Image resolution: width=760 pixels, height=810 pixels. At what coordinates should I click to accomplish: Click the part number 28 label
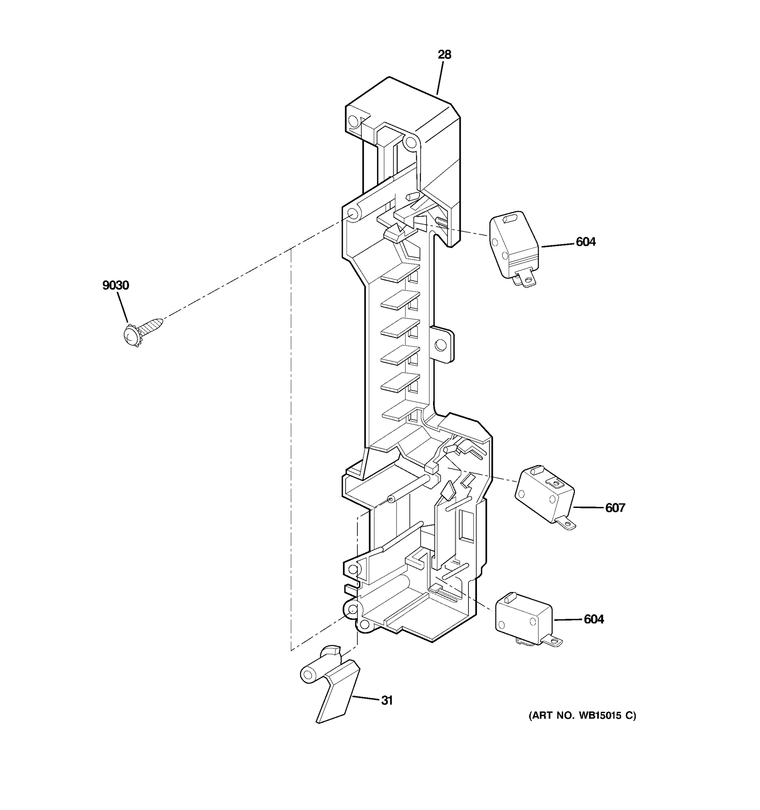pyautogui.click(x=445, y=55)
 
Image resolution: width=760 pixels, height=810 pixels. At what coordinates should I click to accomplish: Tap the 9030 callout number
pyautogui.click(x=116, y=285)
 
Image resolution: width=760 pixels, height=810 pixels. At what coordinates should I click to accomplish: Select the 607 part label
pyautogui.click(x=615, y=508)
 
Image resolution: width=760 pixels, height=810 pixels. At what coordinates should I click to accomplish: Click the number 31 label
pyautogui.click(x=386, y=700)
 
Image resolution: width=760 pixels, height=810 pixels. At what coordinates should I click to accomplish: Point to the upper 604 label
pyautogui.click(x=585, y=242)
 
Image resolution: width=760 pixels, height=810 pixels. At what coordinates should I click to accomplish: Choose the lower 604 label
pyautogui.click(x=594, y=619)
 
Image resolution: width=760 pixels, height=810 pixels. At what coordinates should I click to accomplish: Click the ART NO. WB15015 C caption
pyautogui.click(x=582, y=715)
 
